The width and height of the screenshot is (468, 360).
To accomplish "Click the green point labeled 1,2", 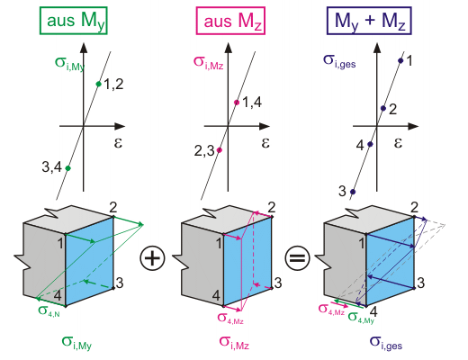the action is (x=99, y=84).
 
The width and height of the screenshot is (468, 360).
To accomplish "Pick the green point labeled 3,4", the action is (x=67, y=168).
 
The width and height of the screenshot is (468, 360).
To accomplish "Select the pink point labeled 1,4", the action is (x=237, y=103).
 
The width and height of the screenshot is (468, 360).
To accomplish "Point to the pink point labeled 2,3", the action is (x=220, y=150).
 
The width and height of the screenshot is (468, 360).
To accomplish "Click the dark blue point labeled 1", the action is (x=400, y=60).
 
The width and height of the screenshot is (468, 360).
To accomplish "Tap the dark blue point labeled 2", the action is (x=383, y=108).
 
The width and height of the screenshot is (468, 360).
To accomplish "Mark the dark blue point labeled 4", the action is (x=370, y=144).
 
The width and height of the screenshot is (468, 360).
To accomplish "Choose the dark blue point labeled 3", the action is (x=353, y=192).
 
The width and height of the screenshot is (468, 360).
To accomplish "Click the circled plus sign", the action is (x=152, y=258).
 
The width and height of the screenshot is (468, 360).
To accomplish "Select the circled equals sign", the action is (x=297, y=258).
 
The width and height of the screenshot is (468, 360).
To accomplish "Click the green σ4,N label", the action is (x=49, y=310).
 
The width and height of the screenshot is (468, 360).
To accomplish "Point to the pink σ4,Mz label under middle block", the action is (x=230, y=318).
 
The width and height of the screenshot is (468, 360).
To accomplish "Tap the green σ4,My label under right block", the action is (x=361, y=318).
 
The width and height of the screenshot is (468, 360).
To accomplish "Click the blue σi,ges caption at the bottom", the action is (x=386, y=343).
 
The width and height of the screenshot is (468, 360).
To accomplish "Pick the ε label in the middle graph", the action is (x=265, y=143).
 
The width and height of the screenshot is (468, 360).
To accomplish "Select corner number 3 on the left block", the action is (x=120, y=283).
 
